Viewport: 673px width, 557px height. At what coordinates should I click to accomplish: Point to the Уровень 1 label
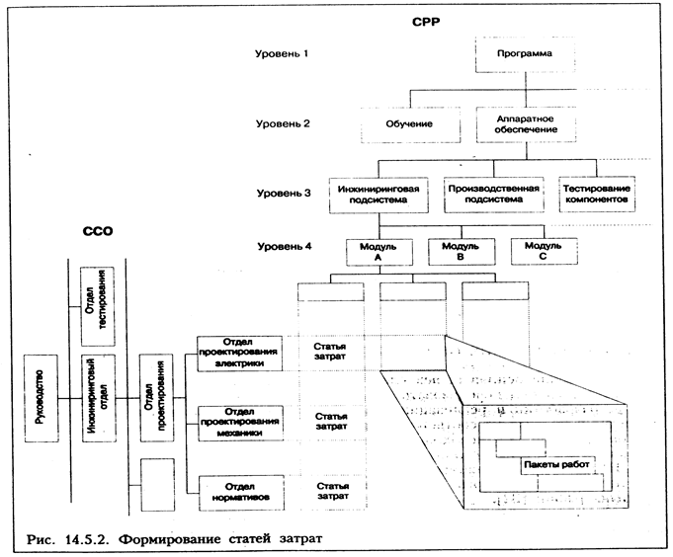coord(282,52)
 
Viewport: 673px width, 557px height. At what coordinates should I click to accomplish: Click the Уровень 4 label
coord(282,243)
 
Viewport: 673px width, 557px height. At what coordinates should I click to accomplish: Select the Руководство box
coord(40,398)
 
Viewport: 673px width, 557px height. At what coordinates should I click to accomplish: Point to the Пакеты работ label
coord(560,463)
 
